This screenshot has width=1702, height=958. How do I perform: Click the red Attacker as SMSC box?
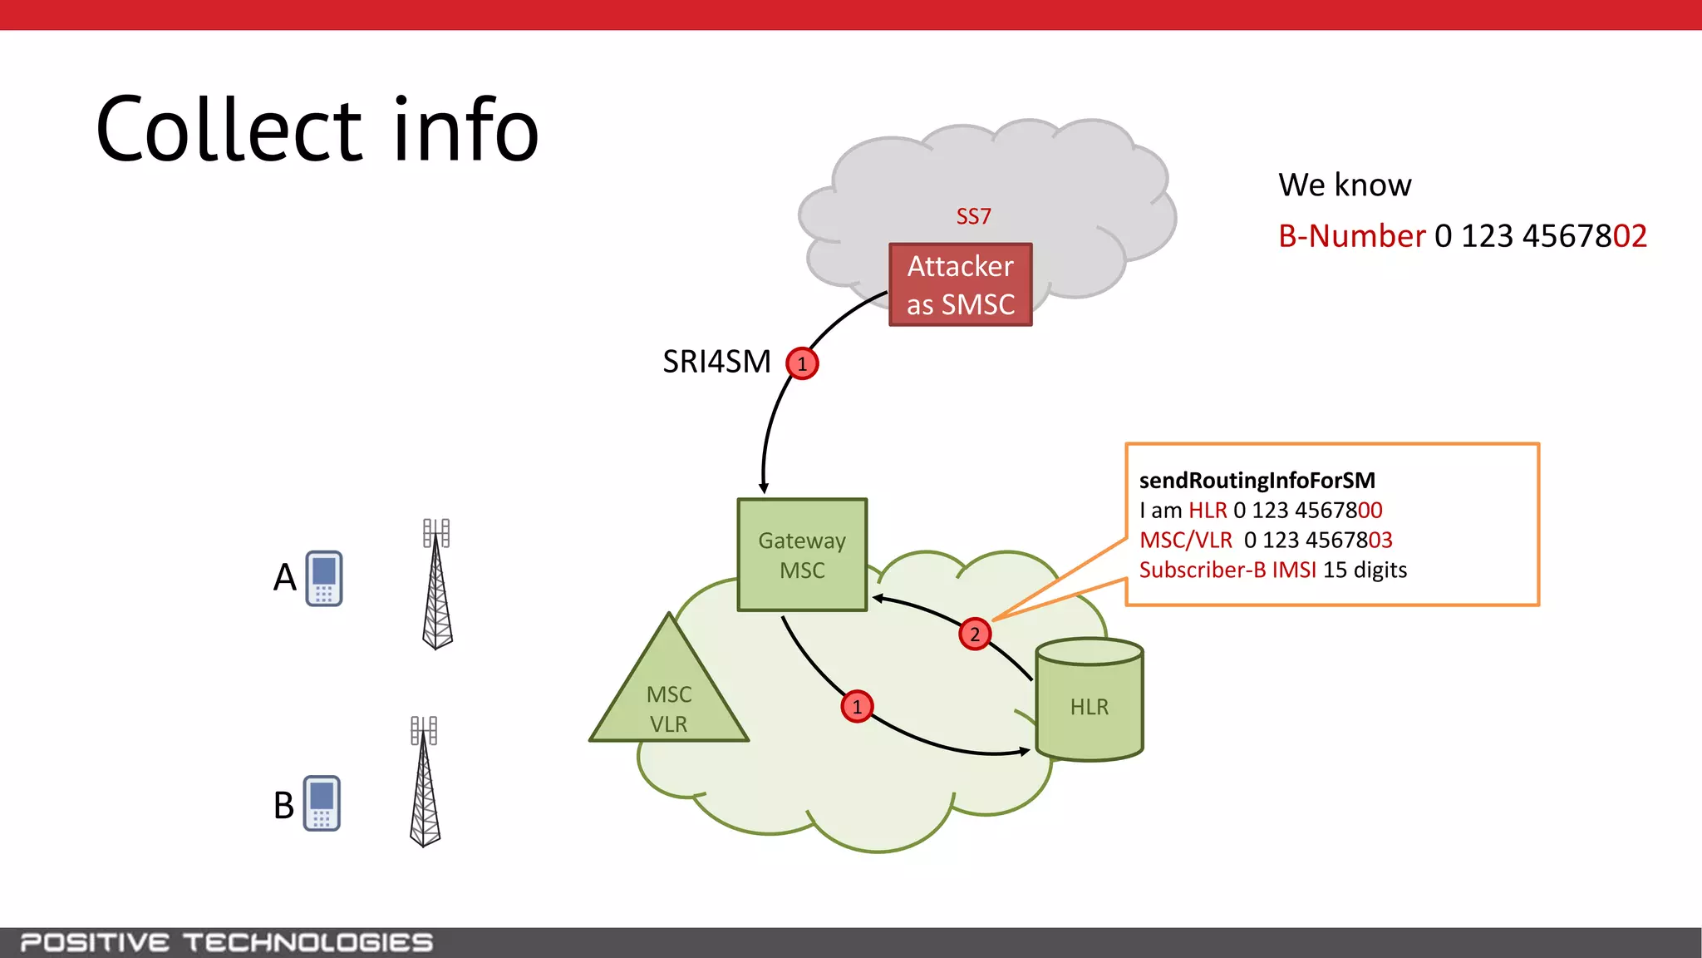point(960,285)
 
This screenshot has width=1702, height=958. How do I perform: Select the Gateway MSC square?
point(802,556)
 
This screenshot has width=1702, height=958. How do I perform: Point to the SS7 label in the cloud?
point(973,216)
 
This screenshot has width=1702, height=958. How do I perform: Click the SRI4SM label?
point(716,362)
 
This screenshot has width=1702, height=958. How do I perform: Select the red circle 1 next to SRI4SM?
point(802,363)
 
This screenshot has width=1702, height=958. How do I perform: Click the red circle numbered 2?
point(975,635)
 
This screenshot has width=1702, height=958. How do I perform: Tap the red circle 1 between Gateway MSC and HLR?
point(857,707)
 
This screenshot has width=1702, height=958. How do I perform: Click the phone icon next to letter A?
point(324,578)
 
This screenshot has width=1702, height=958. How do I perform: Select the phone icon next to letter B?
point(322,803)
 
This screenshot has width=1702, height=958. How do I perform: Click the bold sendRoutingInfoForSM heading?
point(1257,481)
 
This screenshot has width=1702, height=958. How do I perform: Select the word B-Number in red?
point(1351,236)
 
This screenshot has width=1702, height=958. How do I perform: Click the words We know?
point(1344,185)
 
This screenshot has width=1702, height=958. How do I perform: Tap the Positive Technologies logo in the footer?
point(226,942)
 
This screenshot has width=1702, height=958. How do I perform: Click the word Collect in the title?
point(229,131)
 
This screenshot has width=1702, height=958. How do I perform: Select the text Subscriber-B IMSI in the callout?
point(1227,570)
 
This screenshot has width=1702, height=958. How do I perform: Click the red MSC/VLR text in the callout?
point(1185,541)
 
